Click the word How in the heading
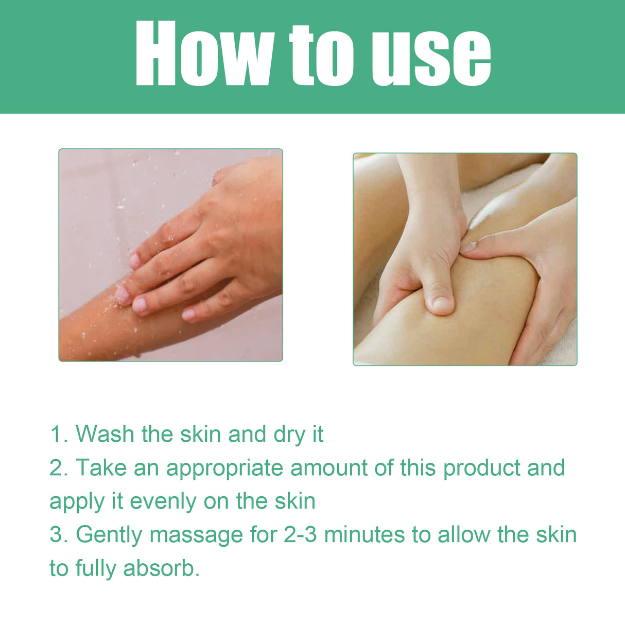203,54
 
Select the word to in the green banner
321,55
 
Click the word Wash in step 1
105,434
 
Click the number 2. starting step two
59,468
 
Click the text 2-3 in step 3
300,535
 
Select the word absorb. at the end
161,568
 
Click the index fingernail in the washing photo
135,261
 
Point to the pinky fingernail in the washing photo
188,314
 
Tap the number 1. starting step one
59,434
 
